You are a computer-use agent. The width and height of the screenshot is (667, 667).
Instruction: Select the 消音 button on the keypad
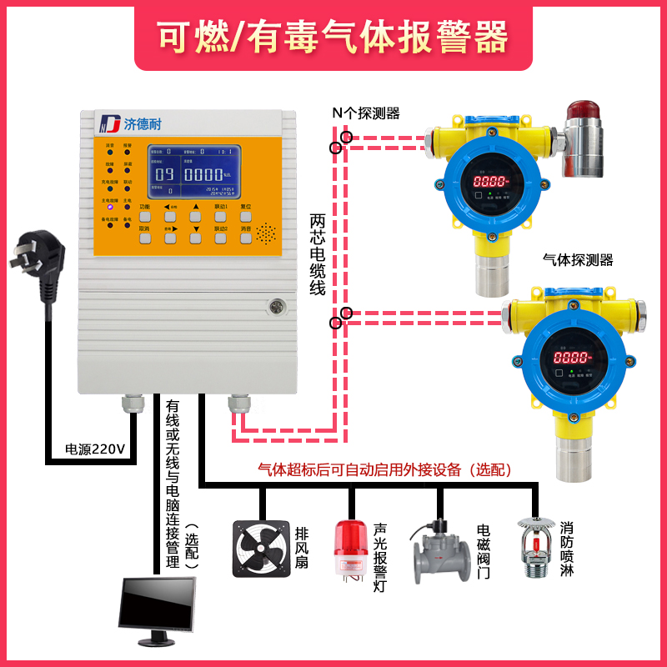coord(246,238)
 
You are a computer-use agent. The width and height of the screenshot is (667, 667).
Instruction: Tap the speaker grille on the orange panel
coord(266,233)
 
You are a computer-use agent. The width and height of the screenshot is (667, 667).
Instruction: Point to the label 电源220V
coord(95,449)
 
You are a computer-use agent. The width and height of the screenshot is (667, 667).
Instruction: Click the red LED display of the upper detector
coord(489,180)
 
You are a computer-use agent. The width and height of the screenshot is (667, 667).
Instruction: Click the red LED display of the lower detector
coord(572,357)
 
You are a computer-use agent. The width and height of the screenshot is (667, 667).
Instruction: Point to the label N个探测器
coord(366,113)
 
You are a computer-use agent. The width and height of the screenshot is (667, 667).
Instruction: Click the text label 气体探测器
coord(577,260)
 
